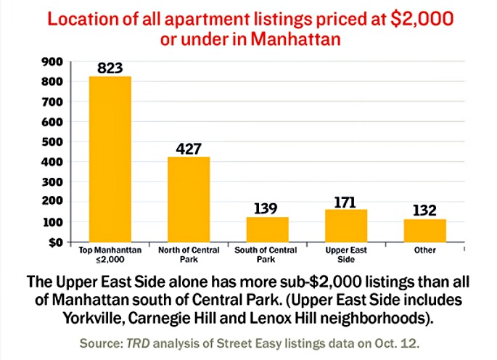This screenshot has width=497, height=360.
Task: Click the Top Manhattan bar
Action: [x=110, y=159]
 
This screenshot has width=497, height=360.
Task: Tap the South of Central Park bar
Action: [x=267, y=229]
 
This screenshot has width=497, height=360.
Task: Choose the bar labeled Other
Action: [x=424, y=230]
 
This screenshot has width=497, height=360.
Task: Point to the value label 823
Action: [x=110, y=68]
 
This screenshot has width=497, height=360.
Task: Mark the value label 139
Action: [x=267, y=208]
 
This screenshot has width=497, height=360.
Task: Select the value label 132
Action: [x=424, y=210]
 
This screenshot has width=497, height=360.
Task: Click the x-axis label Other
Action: [x=424, y=250]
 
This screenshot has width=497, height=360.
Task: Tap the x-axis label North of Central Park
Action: [x=189, y=255]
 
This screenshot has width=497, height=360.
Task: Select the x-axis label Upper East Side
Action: [x=346, y=255]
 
